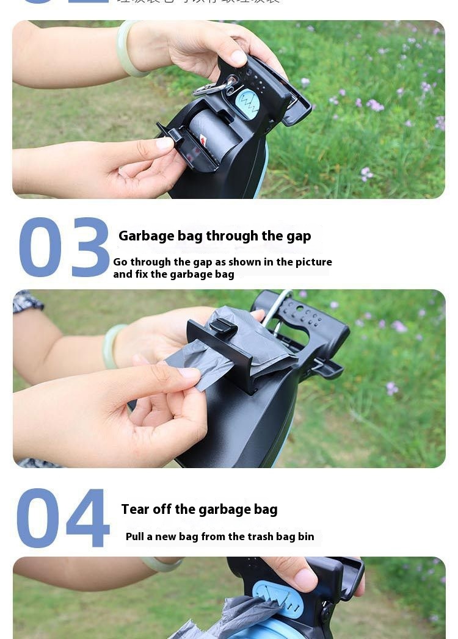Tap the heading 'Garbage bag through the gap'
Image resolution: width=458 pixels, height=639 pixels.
(214, 236)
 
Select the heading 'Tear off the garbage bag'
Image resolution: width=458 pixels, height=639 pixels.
(199, 510)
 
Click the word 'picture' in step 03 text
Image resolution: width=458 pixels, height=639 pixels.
(313, 262)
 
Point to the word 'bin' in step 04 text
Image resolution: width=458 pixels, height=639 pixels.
(306, 536)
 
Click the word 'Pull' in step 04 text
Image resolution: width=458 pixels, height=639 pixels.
(136, 536)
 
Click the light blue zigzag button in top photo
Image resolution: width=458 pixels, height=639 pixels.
(247, 103)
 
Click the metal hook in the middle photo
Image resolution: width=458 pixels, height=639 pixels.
(276, 311)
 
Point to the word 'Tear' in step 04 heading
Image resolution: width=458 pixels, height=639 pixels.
(136, 510)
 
